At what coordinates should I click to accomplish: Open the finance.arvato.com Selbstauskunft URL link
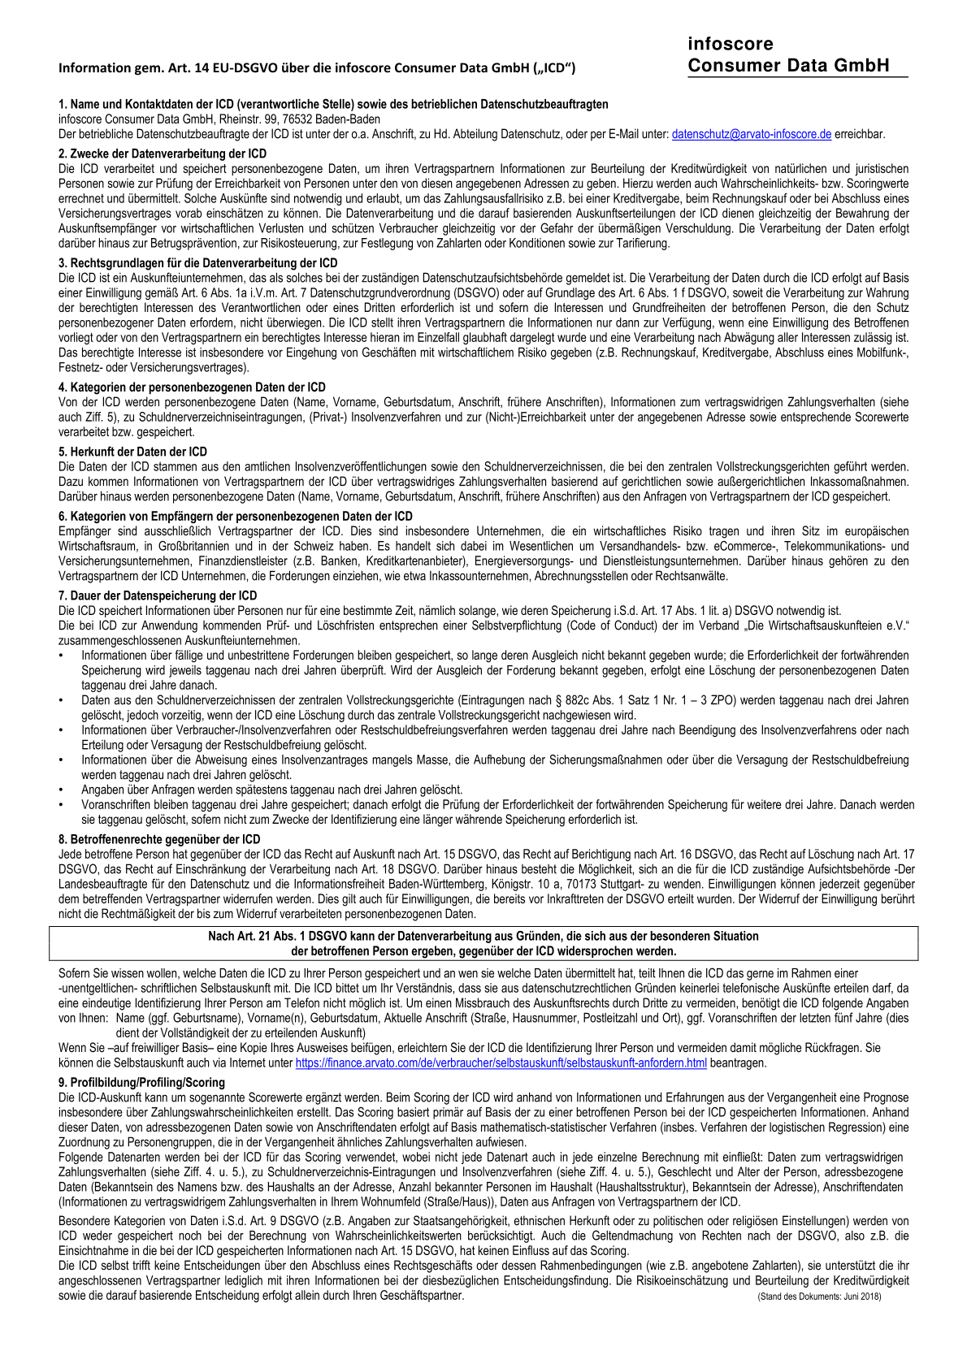click(x=501, y=1063)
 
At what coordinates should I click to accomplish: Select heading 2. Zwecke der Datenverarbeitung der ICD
click(x=163, y=154)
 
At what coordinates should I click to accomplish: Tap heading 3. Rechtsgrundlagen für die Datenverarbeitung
click(x=197, y=263)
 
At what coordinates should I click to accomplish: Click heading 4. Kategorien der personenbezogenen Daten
click(x=192, y=387)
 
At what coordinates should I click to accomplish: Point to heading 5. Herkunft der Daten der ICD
click(x=132, y=452)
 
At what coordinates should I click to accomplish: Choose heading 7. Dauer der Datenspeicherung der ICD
click(x=158, y=595)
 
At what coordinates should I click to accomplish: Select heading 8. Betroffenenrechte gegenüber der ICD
click(x=159, y=839)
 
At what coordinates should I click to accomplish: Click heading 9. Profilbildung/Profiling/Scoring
click(x=141, y=1083)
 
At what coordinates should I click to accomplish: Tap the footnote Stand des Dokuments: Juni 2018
click(x=819, y=1297)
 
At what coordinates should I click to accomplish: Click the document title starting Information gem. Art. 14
click(x=317, y=68)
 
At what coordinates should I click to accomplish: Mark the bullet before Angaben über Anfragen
click(x=62, y=790)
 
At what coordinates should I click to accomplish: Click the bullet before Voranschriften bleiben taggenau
click(x=62, y=805)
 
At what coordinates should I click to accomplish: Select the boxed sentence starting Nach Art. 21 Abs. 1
click(x=483, y=943)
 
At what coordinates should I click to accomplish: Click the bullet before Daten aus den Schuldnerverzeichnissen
click(x=62, y=700)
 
